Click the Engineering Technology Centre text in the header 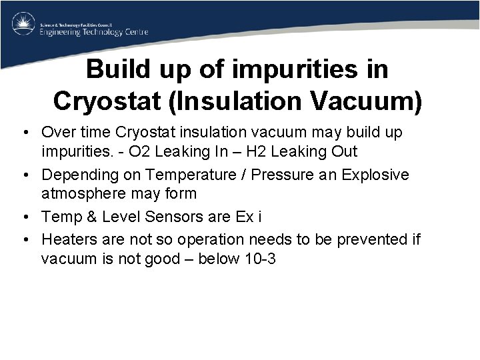tap(94, 32)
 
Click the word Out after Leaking tap(344, 151)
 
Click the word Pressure tap(269, 175)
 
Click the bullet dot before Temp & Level tap(29, 217)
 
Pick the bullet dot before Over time tap(29, 133)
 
